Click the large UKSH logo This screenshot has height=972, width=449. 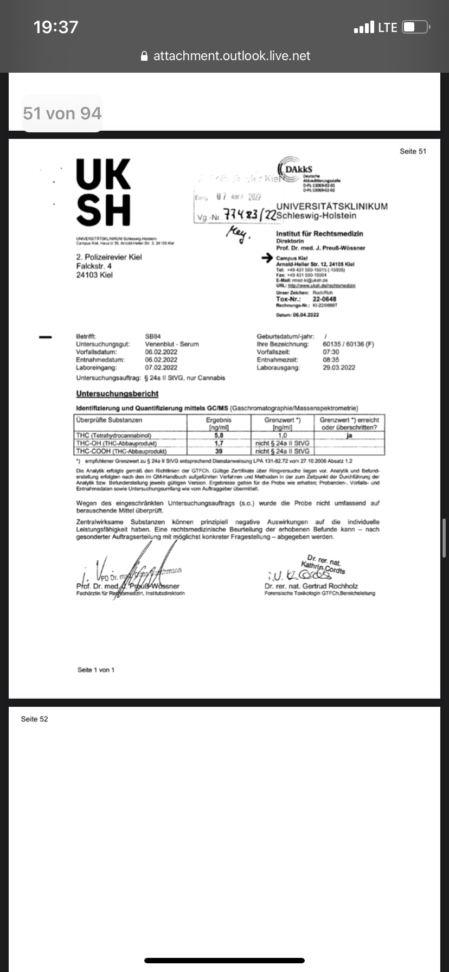point(104,192)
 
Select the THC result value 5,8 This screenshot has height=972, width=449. point(219,435)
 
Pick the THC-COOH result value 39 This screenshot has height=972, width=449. point(219,451)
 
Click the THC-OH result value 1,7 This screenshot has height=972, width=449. point(219,443)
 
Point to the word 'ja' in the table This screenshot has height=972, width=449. point(349,435)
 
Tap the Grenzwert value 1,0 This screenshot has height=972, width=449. point(282,435)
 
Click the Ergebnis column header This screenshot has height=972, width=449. point(219,420)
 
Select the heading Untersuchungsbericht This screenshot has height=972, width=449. point(117,393)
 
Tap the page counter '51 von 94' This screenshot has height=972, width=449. point(62,113)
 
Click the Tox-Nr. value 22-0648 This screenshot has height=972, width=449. point(324,299)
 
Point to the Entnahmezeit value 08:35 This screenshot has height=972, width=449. point(331,360)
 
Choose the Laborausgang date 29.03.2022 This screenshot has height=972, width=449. point(339,367)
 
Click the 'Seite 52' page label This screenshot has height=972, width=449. point(34,719)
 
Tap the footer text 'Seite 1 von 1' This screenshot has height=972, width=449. point(96,670)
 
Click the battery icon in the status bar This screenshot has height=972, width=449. point(416,27)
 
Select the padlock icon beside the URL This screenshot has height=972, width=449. point(144,56)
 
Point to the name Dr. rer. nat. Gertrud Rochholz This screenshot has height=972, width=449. point(311,586)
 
